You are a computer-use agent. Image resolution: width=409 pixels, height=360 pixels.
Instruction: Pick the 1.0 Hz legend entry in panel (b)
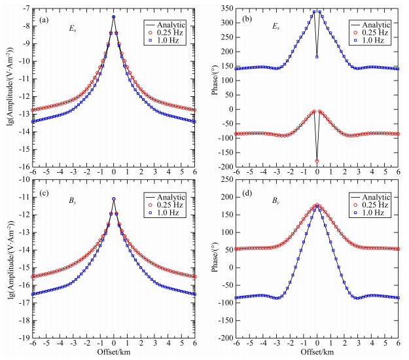374,41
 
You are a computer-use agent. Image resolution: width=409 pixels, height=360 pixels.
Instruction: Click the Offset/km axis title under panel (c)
114,353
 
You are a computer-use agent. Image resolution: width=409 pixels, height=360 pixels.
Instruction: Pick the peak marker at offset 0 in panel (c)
114,199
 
